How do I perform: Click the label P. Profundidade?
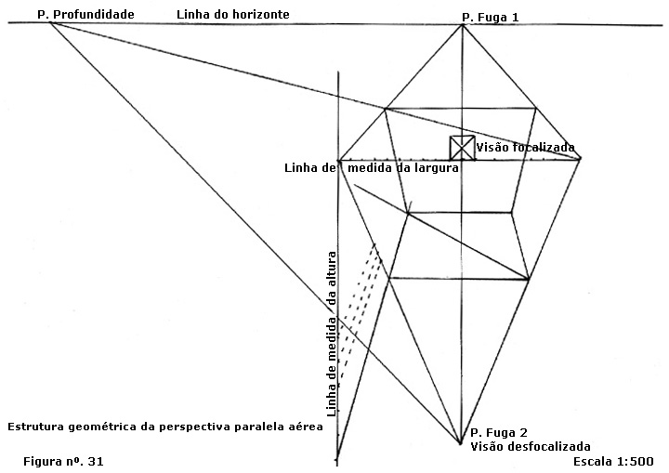click(x=85, y=15)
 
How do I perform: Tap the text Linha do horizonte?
click(x=233, y=15)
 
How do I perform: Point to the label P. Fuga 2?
click(x=499, y=433)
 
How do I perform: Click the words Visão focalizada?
click(x=525, y=147)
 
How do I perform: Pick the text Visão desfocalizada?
click(x=530, y=446)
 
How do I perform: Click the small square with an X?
click(x=462, y=148)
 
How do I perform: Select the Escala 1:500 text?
click(x=615, y=460)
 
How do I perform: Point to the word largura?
click(x=437, y=168)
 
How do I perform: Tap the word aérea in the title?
click(x=304, y=427)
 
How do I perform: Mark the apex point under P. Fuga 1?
click(x=463, y=25)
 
